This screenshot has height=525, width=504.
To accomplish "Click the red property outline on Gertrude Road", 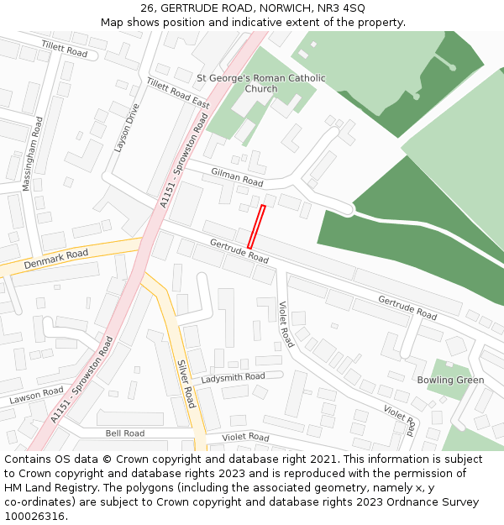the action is [x=256, y=226].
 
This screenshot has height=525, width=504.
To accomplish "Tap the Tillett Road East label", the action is [x=177, y=93].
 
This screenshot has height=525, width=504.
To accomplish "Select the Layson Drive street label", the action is [x=128, y=128].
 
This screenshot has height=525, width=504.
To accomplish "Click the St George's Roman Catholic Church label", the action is [x=260, y=83].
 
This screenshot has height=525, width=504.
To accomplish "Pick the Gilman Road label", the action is [x=238, y=177].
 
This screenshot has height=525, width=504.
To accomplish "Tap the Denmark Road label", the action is [x=55, y=259].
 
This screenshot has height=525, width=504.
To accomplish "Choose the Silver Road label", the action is [x=186, y=385].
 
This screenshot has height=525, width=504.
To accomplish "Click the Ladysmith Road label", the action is [x=233, y=377].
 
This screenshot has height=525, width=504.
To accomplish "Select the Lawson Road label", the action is [x=36, y=396].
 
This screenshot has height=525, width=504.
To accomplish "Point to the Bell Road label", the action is [x=124, y=433].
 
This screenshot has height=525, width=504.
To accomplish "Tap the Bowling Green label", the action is [x=450, y=380].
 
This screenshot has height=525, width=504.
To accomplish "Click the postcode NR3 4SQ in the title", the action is [x=342, y=8].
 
